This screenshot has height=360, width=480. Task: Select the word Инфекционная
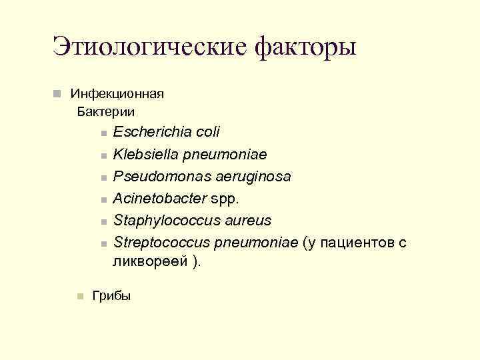coord(117,93)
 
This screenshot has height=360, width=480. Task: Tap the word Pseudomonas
coord(154,176)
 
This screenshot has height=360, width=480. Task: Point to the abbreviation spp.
coord(222,198)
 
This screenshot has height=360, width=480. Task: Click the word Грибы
coord(111,295)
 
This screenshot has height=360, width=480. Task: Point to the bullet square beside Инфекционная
coord(59,93)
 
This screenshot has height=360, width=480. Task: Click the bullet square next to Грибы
coord(79,296)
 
